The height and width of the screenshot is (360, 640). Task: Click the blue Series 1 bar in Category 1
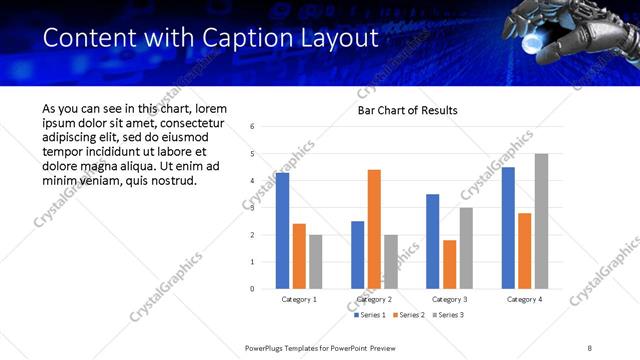pyautogui.click(x=282, y=231)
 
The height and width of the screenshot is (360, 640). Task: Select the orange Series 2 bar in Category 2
pyautogui.click(x=374, y=229)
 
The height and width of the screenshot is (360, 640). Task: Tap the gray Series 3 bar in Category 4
pyautogui.click(x=541, y=221)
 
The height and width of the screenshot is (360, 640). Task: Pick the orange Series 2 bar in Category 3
pyautogui.click(x=449, y=264)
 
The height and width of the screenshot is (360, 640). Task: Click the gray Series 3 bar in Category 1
pyautogui.click(x=315, y=262)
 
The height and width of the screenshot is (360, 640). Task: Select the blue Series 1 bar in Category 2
pyautogui.click(x=357, y=255)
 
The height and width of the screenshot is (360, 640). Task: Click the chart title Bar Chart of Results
pyautogui.click(x=407, y=110)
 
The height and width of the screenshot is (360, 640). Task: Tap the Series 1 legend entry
pyautogui.click(x=371, y=315)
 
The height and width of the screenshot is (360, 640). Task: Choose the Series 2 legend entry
pyautogui.click(x=408, y=315)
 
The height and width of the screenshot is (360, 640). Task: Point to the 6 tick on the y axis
pyautogui.click(x=253, y=127)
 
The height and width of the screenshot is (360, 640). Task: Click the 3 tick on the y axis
pyautogui.click(x=253, y=208)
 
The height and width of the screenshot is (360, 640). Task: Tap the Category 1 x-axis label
pyautogui.click(x=299, y=299)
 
